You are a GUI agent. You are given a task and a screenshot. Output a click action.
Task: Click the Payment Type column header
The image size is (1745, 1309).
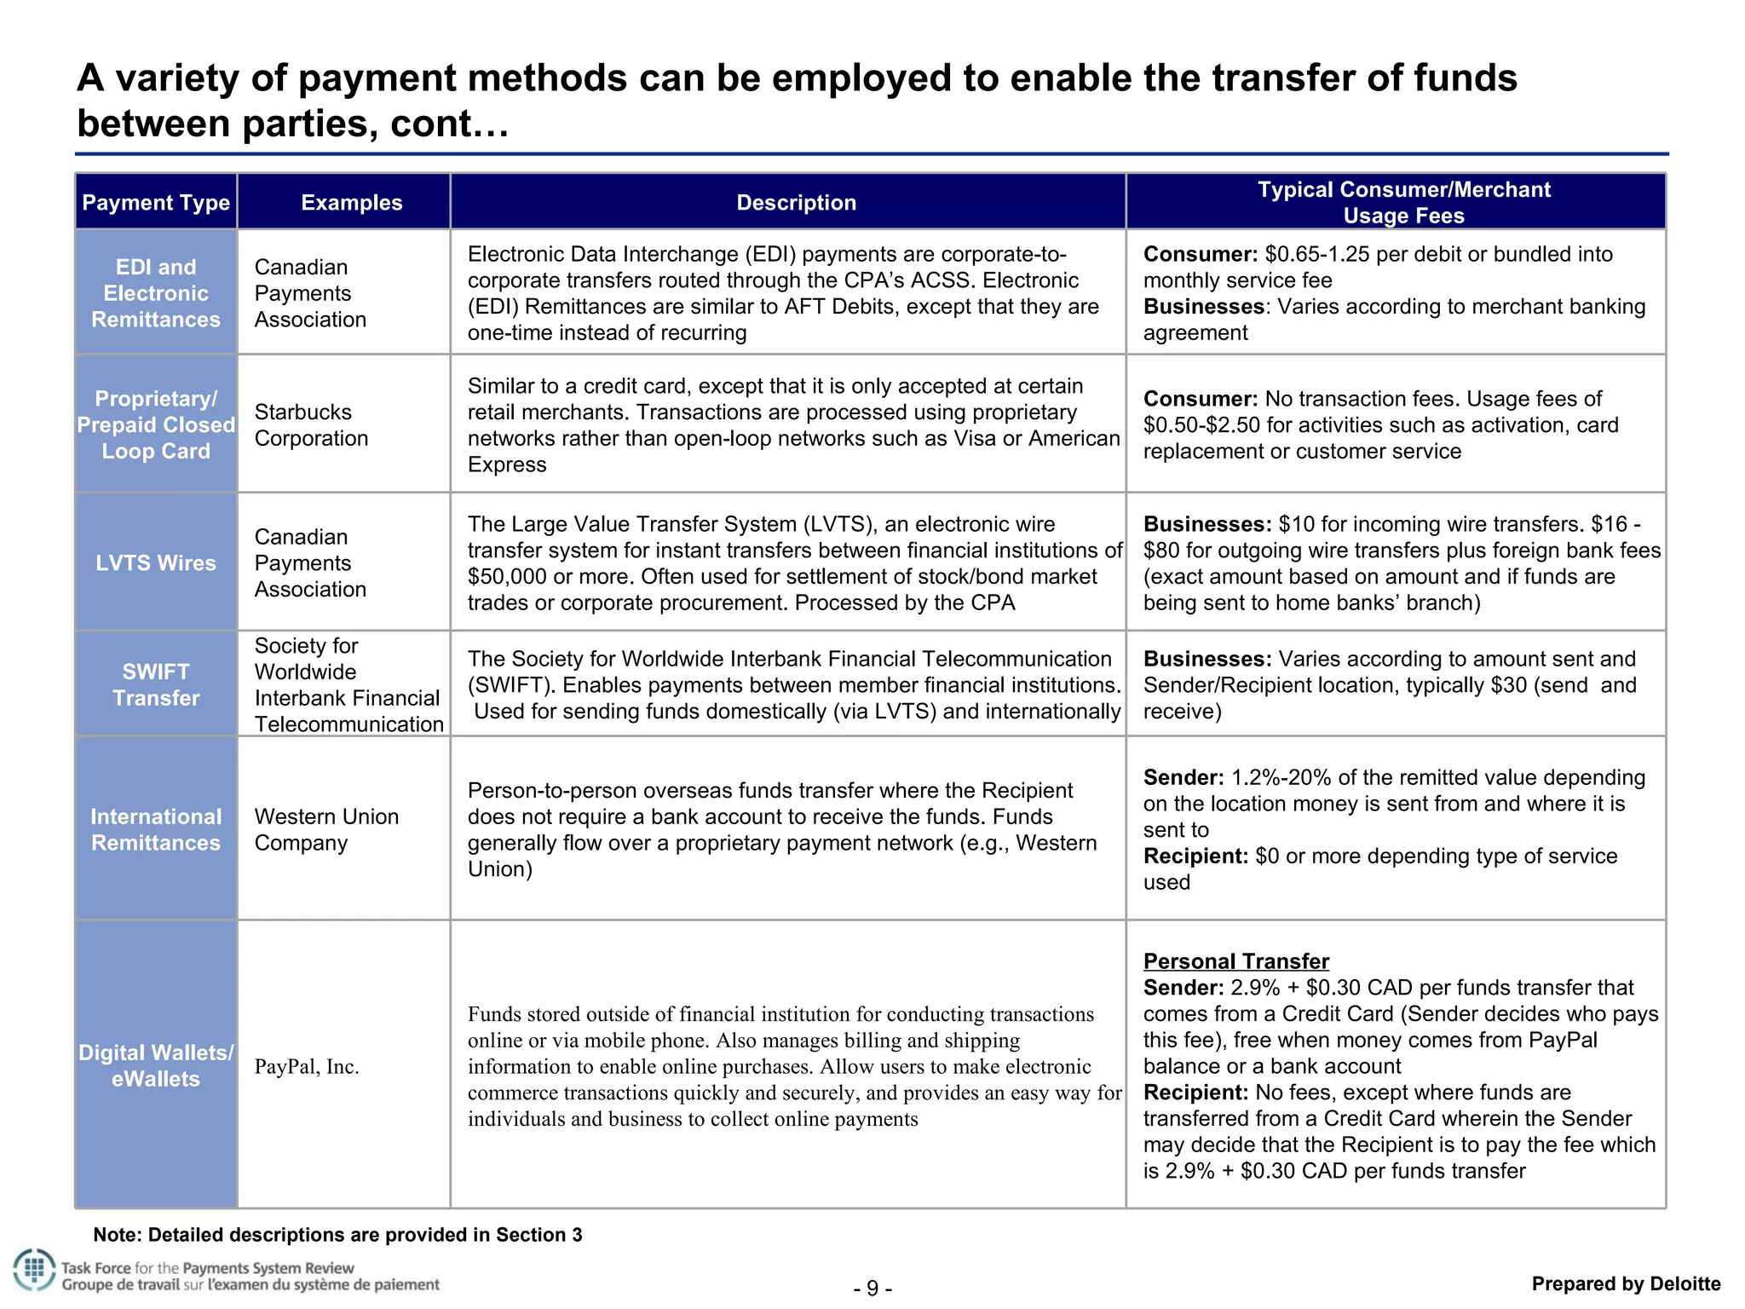[x=156, y=203]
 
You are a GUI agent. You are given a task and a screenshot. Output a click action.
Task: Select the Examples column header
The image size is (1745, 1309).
[x=351, y=203]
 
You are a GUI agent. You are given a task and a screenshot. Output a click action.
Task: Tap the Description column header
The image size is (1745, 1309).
[x=796, y=203]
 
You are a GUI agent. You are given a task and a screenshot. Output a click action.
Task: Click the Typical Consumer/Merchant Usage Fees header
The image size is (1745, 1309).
[x=1403, y=203]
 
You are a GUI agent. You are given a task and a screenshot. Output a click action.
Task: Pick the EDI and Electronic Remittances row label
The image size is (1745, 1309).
[x=156, y=293]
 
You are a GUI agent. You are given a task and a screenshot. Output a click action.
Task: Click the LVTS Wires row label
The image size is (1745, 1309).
[x=156, y=563]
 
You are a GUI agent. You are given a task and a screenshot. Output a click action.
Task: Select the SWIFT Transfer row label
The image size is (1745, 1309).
[x=156, y=684]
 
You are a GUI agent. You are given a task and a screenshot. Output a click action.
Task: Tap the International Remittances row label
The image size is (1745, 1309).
[x=156, y=829]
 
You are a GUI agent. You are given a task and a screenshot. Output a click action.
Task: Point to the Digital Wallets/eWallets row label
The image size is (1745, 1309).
[x=156, y=1065]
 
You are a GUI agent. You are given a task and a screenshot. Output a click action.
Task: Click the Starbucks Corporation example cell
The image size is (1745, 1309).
[x=311, y=425]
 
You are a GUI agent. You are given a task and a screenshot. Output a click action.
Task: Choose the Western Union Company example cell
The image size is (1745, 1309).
[x=326, y=829]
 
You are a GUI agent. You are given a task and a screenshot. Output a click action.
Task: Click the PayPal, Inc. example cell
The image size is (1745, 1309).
[x=307, y=1067]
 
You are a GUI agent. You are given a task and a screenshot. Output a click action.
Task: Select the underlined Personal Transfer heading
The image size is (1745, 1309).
[x=1235, y=961]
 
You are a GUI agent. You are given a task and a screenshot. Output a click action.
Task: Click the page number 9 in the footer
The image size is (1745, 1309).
[x=872, y=1288]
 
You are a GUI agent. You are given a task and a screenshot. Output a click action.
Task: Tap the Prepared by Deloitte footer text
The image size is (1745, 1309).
[x=1626, y=1283]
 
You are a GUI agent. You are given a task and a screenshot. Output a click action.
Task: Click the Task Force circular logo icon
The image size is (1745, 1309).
[x=34, y=1271]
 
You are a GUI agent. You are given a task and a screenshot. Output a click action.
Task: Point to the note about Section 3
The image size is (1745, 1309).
[x=337, y=1235]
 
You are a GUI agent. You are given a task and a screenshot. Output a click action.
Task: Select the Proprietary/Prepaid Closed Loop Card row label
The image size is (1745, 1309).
[x=156, y=425]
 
